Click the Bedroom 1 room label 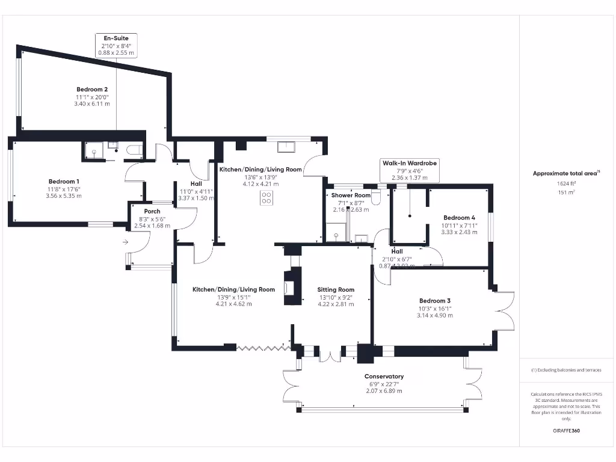[64, 181]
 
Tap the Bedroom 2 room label [92, 89]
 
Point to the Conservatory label [384, 377]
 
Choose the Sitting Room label [336, 289]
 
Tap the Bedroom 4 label [459, 218]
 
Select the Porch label [152, 211]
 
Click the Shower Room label [351, 196]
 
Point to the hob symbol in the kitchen [266, 198]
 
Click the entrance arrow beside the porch [125, 242]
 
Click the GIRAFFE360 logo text [565, 431]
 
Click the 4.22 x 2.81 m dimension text [336, 304]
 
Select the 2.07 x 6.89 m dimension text [384, 391]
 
